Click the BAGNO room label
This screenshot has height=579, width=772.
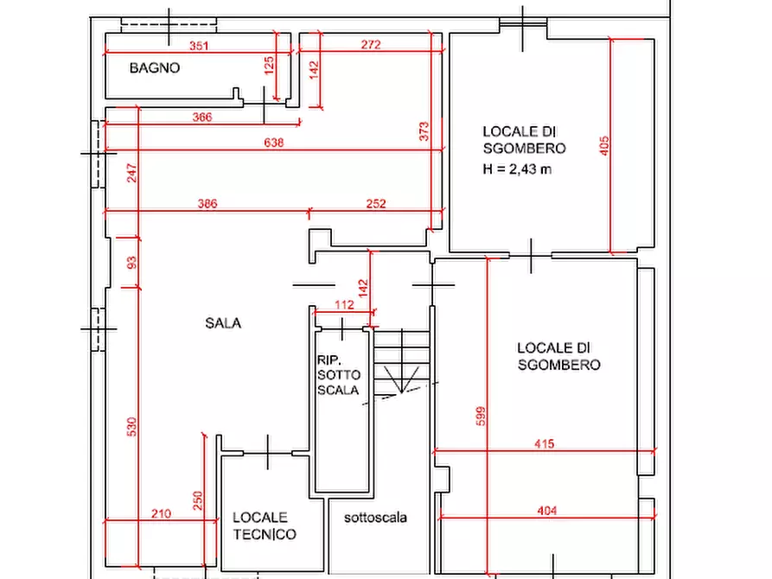click(155, 68)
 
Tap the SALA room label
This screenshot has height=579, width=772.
click(223, 323)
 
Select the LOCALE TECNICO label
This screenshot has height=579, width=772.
click(265, 525)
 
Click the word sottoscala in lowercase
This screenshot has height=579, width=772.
click(375, 518)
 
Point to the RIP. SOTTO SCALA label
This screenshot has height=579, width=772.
click(339, 375)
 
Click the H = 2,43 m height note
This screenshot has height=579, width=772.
click(517, 169)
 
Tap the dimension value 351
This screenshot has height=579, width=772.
click(199, 46)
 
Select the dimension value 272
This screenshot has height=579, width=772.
click(371, 44)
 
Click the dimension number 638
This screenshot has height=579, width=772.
click(274, 143)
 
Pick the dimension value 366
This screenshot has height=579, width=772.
click(202, 117)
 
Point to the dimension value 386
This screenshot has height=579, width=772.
click(207, 203)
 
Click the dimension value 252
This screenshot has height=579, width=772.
click(376, 203)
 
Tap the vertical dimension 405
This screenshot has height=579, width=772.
click(604, 146)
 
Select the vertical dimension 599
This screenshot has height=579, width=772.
click(481, 416)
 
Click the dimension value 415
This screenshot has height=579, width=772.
click(545, 443)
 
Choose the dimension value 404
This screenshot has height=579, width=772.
click(547, 511)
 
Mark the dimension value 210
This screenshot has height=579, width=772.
click(161, 513)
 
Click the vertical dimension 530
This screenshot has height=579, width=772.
click(131, 427)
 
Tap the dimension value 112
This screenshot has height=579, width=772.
click(344, 305)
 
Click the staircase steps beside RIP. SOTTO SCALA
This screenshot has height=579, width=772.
click(402, 363)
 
